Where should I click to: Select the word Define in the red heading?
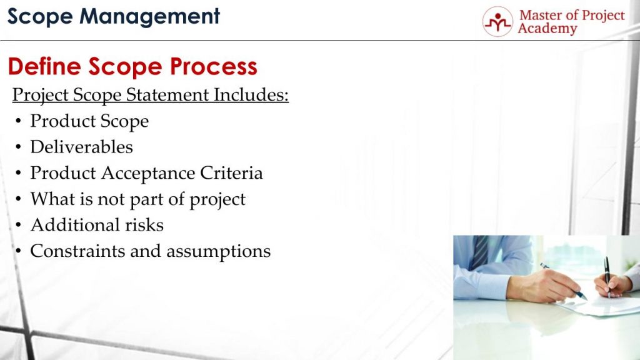coord(44,66)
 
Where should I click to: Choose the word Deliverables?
coord(81,147)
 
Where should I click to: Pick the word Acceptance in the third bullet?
coord(145,173)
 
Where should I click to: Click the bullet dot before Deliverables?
coord(19,147)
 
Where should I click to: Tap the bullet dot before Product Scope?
coord(19,121)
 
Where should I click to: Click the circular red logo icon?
coord(497,22)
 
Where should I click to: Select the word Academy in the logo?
coord(547,29)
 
